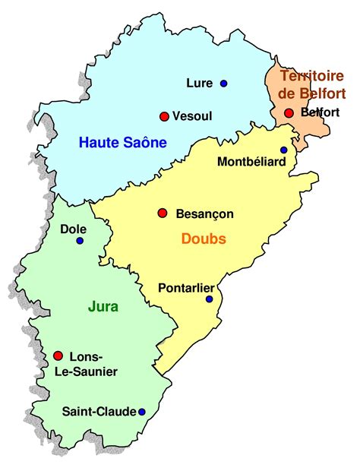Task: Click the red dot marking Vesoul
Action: coord(163,116)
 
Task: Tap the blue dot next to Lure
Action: coord(224,83)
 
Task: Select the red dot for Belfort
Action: coord(289,113)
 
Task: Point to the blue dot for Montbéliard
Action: coord(284,150)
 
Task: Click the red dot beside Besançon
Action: coord(162,213)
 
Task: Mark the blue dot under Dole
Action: coord(80,241)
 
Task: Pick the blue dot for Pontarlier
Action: coord(210,299)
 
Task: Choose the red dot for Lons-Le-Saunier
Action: coord(58,356)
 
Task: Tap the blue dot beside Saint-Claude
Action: coord(142,412)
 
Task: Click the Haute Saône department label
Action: coord(122,142)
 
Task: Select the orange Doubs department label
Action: coord(204,239)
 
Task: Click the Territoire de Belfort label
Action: coord(311,84)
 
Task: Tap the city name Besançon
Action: coord(204,214)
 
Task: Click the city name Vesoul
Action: coord(192,116)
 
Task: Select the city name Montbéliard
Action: coord(250,161)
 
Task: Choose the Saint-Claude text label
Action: coord(99,412)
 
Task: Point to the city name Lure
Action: coord(199,83)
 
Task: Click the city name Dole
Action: coord(74,228)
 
